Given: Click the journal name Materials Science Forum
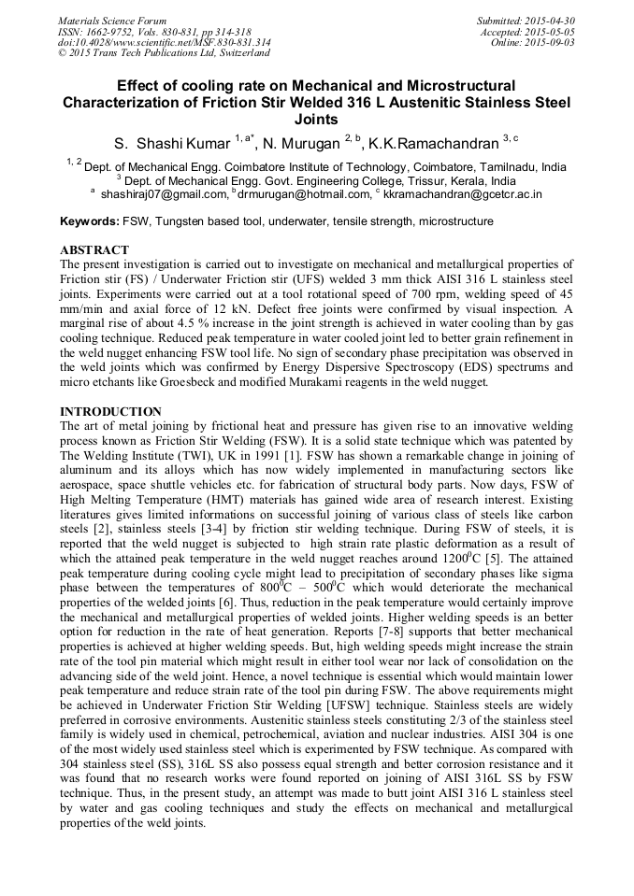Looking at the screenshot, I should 112,21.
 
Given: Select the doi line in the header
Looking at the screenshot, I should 165,43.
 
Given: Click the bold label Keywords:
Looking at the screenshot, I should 90,221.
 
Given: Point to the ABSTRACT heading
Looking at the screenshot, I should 94,250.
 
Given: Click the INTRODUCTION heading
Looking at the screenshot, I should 110,412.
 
